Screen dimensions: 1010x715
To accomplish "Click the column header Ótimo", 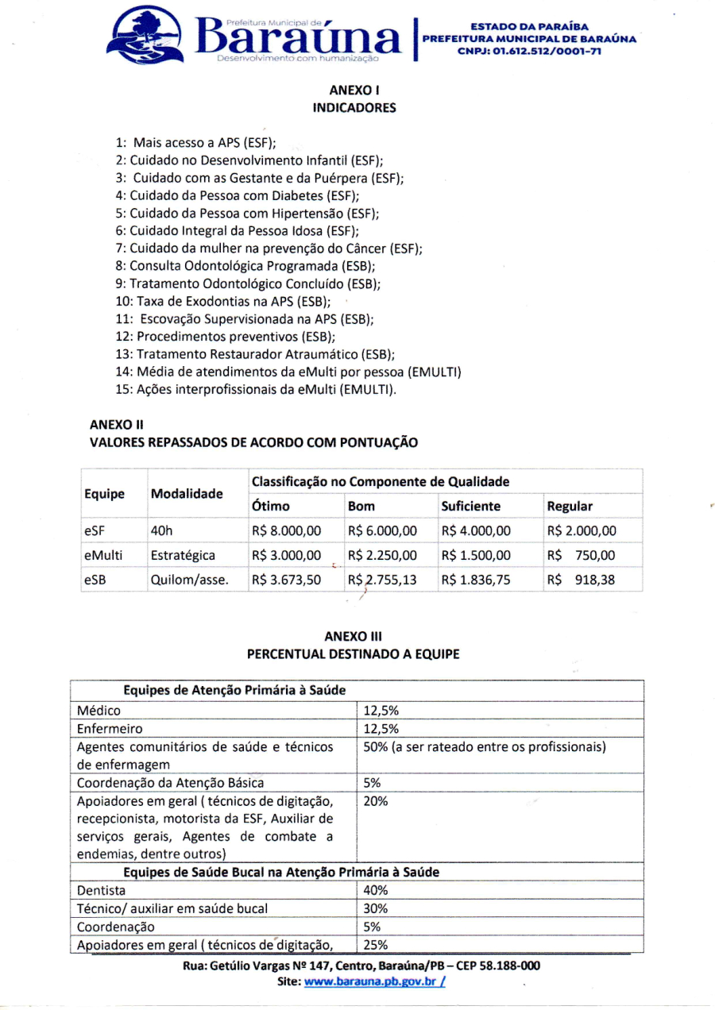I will coord(271,506).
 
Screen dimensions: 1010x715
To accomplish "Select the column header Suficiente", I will coord(471,506).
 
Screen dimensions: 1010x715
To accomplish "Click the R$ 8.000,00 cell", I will coord(286,531).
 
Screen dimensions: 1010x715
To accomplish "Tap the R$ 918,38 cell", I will coord(581,580).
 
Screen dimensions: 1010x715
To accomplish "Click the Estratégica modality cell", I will coord(182,556).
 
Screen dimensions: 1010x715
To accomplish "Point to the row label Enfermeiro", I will coord(110,729).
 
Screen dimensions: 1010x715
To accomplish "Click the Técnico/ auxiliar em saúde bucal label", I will coord(172,908).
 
